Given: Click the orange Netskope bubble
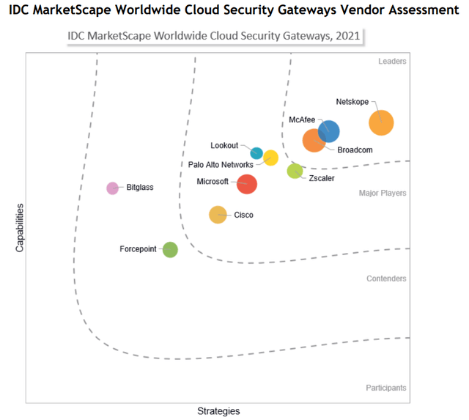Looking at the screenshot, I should (x=381, y=122).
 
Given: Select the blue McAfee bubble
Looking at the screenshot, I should (x=328, y=131).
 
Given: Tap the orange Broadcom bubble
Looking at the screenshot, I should (x=314, y=139).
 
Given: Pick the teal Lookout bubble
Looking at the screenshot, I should (x=256, y=153).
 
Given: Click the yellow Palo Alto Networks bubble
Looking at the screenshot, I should (x=270, y=157).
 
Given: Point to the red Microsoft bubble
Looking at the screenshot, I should (x=248, y=183).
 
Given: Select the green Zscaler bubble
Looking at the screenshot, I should (x=295, y=172).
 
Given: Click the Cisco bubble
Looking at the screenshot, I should (x=218, y=215).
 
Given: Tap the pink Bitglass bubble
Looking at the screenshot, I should (x=112, y=188).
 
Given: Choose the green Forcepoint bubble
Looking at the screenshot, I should (x=170, y=250).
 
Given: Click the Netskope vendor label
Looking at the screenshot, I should (x=352, y=102).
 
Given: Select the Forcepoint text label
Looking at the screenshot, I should (x=138, y=249).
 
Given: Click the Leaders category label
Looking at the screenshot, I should (x=392, y=62).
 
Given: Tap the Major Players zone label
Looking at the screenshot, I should (x=383, y=194).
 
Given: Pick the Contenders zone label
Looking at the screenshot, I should (x=385, y=279).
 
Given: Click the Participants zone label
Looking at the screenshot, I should (x=386, y=388).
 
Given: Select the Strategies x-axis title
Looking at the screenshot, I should (x=218, y=410).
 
